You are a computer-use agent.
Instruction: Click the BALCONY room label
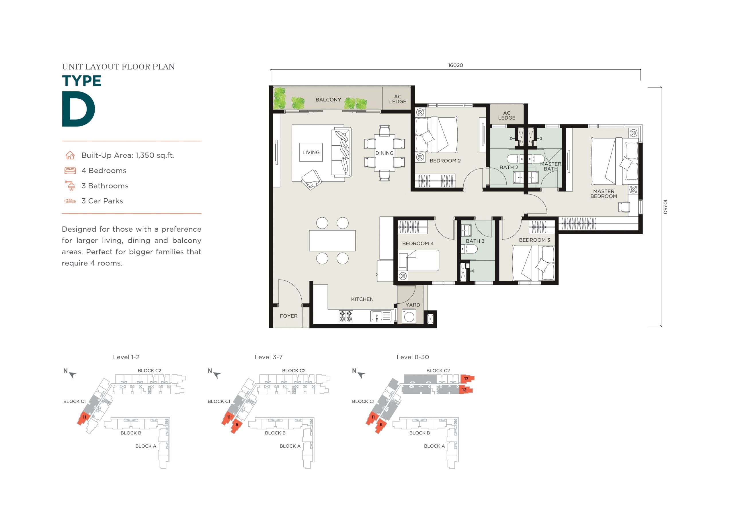pyautogui.click(x=328, y=100)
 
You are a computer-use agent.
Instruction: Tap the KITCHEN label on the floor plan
pyautogui.click(x=362, y=299)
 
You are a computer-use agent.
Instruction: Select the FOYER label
pyautogui.click(x=289, y=316)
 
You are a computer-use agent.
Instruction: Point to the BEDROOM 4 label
pyautogui.click(x=418, y=243)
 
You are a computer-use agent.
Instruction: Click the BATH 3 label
pyautogui.click(x=475, y=241)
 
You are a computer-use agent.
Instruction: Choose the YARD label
pyautogui.click(x=413, y=305)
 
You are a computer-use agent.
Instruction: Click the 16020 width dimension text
pyautogui.click(x=456, y=65)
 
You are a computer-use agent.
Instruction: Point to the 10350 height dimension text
pyautogui.click(x=665, y=206)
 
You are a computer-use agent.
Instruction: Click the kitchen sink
pyautogui.click(x=381, y=316)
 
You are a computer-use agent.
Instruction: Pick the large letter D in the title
pyautogui.click(x=78, y=109)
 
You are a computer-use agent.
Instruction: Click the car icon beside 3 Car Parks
pyautogui.click(x=70, y=201)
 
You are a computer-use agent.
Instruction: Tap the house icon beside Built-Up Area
pyautogui.click(x=70, y=155)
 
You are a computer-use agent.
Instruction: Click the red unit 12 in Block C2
pyautogui.click(x=465, y=390)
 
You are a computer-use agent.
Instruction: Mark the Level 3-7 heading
pyautogui.click(x=269, y=357)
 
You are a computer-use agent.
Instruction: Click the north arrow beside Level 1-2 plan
pyautogui.click(x=73, y=375)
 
